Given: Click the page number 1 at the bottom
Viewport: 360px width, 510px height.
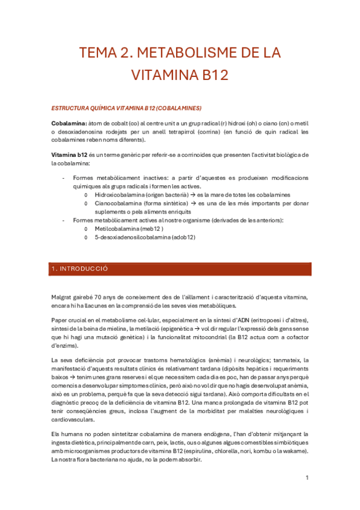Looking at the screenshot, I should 307,478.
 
